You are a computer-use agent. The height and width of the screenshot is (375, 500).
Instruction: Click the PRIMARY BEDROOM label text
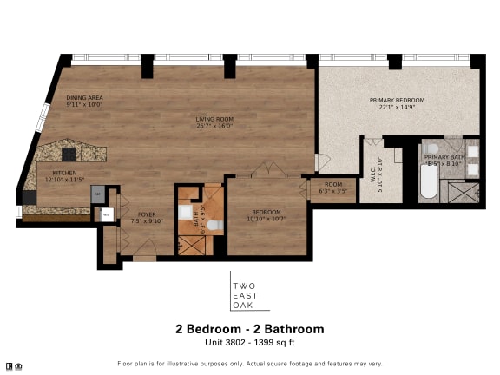(397, 101)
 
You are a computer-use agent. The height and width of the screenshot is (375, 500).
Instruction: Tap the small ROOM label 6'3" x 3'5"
(334, 185)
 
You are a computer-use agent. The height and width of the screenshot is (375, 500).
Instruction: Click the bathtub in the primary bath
(429, 183)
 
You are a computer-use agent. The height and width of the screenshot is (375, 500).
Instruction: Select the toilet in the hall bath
(214, 226)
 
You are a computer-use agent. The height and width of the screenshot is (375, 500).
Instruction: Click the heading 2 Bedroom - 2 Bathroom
(250, 329)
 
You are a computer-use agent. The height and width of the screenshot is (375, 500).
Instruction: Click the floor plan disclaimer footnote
(250, 364)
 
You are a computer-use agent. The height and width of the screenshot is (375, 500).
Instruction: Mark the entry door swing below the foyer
(145, 253)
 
